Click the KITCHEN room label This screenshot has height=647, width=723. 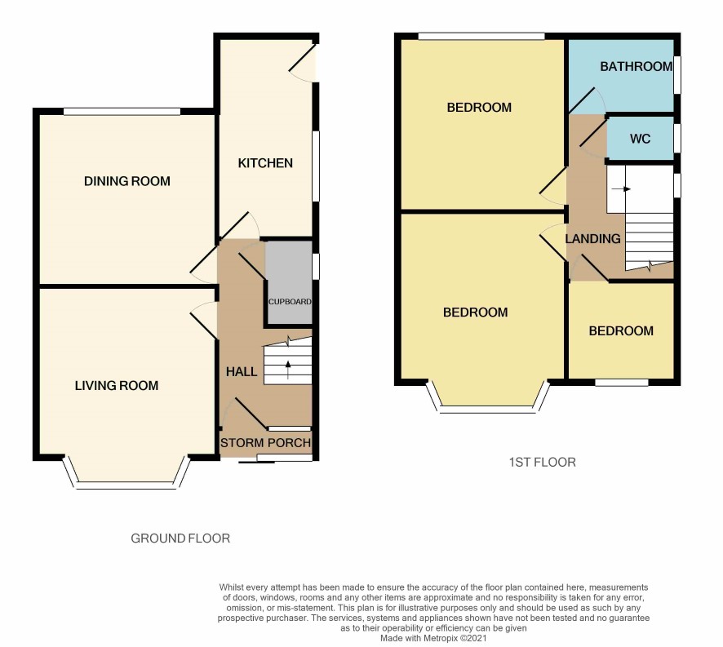click(265, 163)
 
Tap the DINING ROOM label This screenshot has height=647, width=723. click(126, 181)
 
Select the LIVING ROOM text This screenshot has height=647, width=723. click(117, 386)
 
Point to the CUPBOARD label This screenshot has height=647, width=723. click(290, 302)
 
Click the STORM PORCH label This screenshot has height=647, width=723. click(265, 443)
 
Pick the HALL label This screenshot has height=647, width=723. click(242, 372)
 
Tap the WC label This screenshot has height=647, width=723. click(640, 139)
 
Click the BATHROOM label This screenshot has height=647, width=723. click(637, 66)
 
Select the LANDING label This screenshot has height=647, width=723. click(593, 238)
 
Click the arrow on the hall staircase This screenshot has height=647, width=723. click(288, 370)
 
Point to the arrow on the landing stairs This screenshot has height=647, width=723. click(622, 188)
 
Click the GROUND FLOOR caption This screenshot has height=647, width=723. click(180, 538)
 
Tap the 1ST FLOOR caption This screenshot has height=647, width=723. click(542, 462)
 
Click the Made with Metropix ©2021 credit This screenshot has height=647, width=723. click(433, 638)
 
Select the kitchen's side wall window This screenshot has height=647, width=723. click(316, 166)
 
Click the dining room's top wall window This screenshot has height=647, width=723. click(122, 111)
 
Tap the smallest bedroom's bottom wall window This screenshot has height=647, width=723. click(622, 383)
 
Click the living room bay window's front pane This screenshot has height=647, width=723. click(126, 485)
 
